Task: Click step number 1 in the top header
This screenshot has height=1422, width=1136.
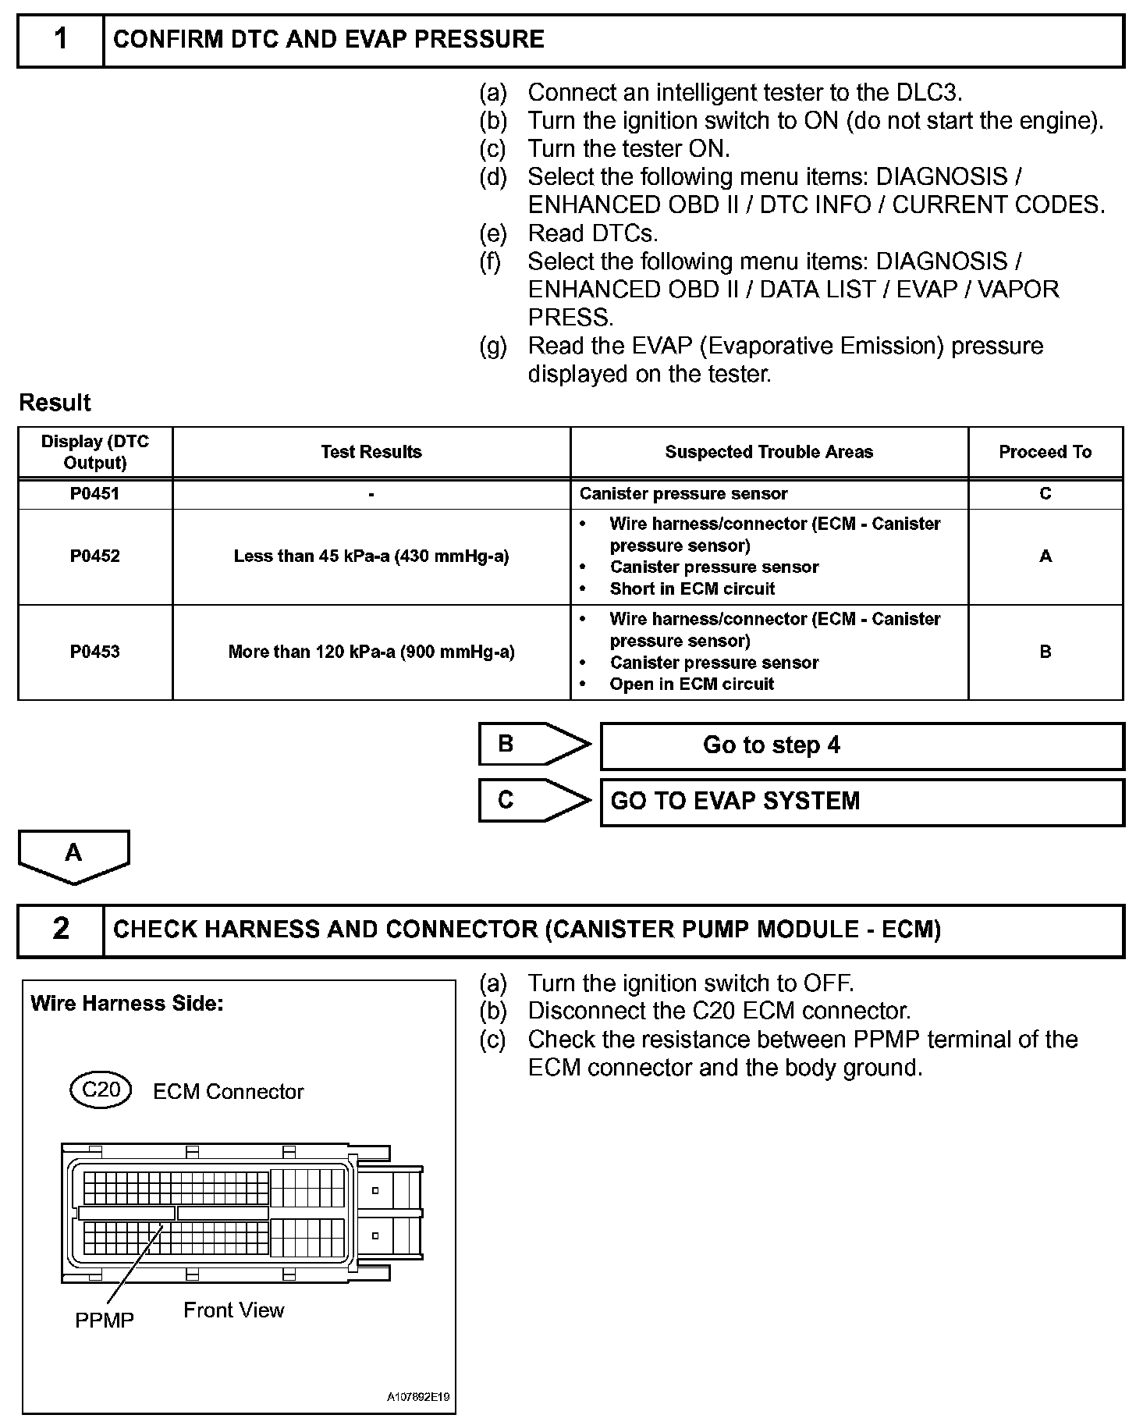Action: (60, 40)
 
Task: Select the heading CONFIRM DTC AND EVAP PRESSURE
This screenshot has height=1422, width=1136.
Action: (328, 40)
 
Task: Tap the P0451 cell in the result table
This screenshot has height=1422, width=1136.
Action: (94, 493)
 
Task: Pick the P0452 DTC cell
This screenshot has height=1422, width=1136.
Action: (94, 556)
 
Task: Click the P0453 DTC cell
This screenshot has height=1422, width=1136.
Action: (94, 652)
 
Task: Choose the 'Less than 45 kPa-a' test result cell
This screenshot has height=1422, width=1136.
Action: (371, 556)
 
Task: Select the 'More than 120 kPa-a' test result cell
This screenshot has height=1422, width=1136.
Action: (371, 652)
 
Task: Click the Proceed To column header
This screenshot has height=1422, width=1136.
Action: (1045, 452)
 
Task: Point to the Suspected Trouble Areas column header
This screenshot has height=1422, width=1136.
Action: (769, 452)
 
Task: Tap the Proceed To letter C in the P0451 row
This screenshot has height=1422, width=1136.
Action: (1045, 493)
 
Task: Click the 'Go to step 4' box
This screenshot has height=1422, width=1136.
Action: (861, 745)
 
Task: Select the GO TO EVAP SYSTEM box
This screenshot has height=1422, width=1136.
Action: (861, 802)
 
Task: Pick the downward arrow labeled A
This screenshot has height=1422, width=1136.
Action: (73, 855)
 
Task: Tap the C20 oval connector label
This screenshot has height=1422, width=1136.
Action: (101, 1089)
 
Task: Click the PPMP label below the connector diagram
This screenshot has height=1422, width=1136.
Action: (105, 1320)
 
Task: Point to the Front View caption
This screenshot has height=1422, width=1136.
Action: (234, 1310)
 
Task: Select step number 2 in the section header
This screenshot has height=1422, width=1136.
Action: (60, 930)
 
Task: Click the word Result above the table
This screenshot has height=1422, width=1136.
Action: (55, 403)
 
